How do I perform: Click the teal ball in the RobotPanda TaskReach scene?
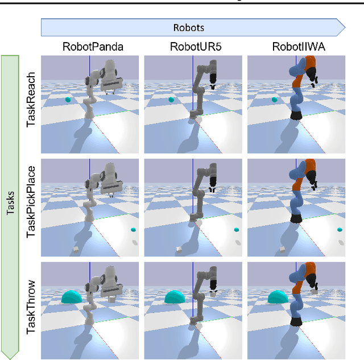tap(68, 100)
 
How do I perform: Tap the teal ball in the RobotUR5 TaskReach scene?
tap(171, 100)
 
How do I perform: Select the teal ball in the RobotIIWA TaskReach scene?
tap(275, 100)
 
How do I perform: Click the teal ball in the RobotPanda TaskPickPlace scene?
tap(133, 230)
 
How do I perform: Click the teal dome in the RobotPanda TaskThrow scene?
tap(72, 296)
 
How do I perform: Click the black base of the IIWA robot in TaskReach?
tap(295, 115)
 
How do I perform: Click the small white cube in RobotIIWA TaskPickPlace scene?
tap(282, 249)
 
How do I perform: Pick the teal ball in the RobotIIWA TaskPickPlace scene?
tap(340, 230)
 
